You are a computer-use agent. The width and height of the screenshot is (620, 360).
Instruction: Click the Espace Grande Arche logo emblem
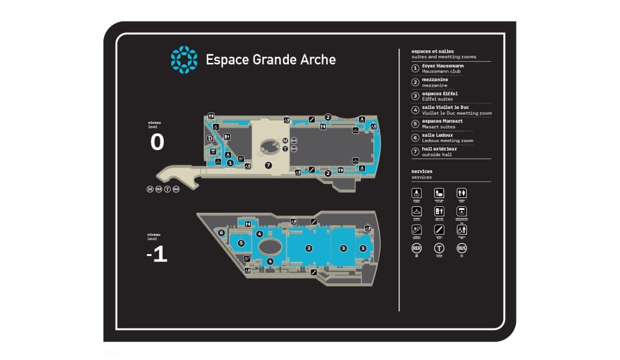click(x=184, y=59)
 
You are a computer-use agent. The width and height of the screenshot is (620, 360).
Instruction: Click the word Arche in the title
click(x=318, y=59)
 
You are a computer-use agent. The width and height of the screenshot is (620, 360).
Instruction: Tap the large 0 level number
click(x=157, y=142)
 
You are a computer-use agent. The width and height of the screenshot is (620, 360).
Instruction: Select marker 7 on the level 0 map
click(x=268, y=165)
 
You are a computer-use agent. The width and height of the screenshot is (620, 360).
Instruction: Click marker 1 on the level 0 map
click(x=230, y=162)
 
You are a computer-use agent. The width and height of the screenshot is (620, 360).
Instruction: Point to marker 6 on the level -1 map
click(x=222, y=232)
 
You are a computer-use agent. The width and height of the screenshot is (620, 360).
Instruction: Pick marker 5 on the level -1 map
click(x=241, y=243)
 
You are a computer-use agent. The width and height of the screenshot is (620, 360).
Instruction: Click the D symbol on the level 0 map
click(x=210, y=139)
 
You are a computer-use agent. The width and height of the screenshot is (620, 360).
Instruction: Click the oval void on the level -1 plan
click(x=269, y=246)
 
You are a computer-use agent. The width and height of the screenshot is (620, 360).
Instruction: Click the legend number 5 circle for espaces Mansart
click(x=415, y=124)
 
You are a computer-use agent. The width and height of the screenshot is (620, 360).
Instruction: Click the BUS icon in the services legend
click(x=462, y=248)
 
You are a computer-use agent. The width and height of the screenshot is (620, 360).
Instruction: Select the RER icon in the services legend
click(x=417, y=248)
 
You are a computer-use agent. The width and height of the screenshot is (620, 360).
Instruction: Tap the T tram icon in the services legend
click(x=439, y=248)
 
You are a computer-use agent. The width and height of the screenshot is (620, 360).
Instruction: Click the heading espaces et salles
click(x=432, y=51)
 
